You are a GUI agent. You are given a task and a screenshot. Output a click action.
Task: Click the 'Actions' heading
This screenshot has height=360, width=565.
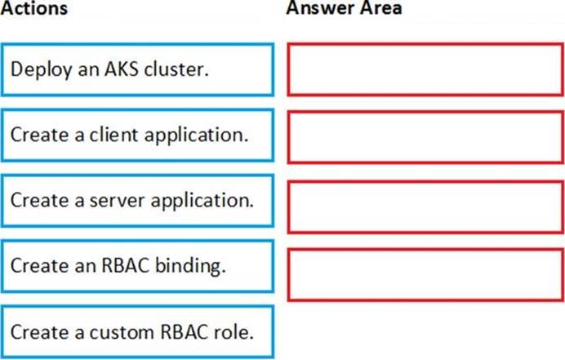[33, 7]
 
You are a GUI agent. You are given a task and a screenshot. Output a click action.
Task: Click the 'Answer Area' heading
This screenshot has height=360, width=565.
[344, 7]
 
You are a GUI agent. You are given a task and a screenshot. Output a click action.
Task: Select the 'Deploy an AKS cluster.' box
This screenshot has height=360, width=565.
[137, 70]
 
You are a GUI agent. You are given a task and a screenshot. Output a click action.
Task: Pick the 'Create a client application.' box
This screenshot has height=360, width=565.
[137, 136]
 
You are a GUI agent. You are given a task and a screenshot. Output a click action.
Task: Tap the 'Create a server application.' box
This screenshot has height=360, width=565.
[137, 201]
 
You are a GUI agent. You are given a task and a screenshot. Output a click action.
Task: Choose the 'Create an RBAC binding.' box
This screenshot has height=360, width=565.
[137, 266]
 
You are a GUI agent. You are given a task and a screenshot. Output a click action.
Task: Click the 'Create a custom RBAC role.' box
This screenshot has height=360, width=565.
[137, 332]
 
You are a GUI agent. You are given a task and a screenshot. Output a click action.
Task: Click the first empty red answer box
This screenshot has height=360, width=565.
[425, 69]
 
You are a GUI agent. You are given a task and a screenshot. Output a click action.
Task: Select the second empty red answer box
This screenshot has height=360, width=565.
[425, 137]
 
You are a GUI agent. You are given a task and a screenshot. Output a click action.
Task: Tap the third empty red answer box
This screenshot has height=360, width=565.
[425, 207]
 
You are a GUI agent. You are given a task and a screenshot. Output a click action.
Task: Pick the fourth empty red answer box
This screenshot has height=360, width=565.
[425, 274]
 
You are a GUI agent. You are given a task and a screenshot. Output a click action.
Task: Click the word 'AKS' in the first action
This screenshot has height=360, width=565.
[122, 69]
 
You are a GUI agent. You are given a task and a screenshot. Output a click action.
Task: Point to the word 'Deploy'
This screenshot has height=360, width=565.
[42, 69]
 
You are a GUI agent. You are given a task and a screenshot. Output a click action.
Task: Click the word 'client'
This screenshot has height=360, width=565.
[113, 135]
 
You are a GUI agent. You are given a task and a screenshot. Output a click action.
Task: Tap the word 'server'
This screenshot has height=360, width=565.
[117, 201]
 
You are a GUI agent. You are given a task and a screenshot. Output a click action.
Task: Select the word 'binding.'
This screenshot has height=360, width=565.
[190, 266]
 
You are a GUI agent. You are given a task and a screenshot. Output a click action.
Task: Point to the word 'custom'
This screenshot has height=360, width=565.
[122, 332]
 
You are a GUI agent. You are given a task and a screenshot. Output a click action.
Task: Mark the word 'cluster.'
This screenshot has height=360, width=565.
[176, 69]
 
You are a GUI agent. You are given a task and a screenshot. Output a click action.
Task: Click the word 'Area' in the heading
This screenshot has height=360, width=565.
[381, 7]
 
